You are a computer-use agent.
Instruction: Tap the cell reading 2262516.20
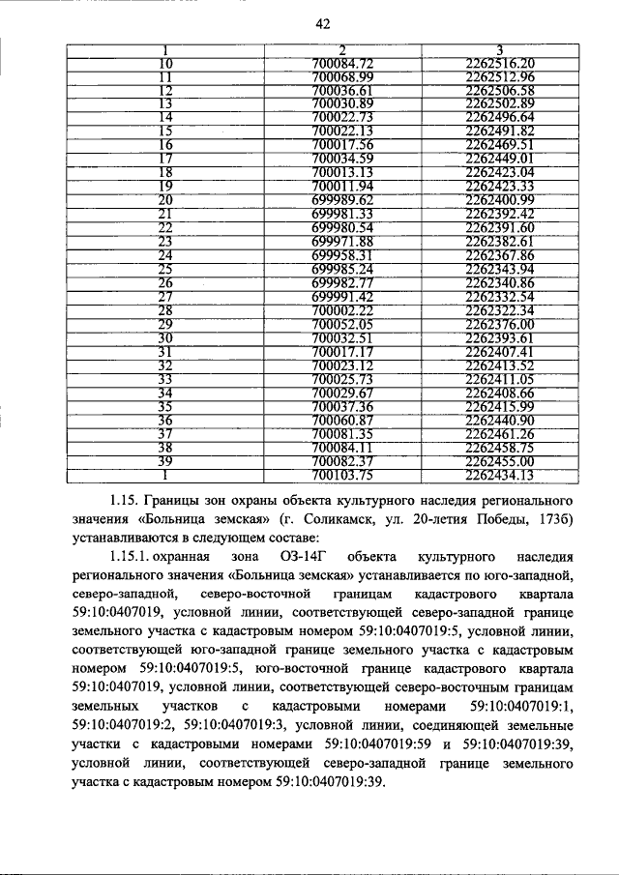tap(499, 64)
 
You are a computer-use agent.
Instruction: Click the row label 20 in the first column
tap(165, 199)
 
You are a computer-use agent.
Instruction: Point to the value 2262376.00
tap(499, 325)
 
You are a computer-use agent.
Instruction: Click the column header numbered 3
tap(499, 50)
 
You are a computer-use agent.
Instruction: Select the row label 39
tap(165, 462)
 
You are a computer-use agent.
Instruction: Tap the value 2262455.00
tap(499, 462)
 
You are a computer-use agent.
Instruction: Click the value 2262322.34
tap(499, 310)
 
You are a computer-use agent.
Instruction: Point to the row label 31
tap(165, 352)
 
